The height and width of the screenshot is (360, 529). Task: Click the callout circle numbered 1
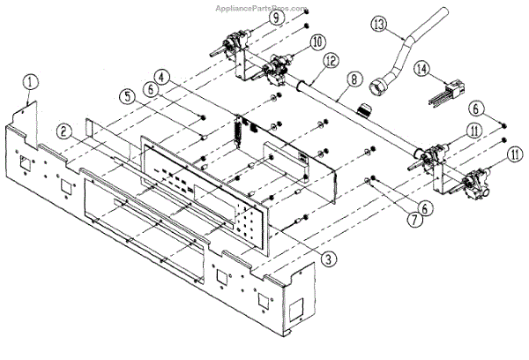point(30,82)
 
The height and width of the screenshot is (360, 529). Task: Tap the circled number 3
point(329,258)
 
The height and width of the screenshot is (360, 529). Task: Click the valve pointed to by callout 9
point(235,40)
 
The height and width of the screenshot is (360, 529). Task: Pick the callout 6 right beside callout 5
point(152,89)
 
